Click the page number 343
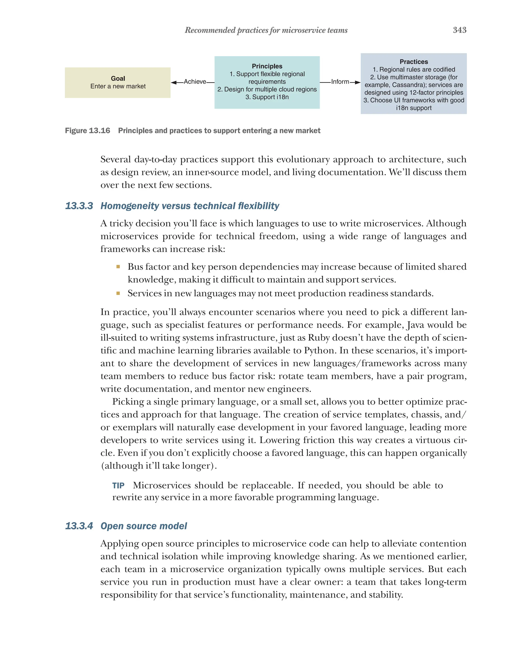point(459,30)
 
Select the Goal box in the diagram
point(118,82)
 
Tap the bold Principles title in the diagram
point(267,66)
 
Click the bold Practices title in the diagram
point(413,62)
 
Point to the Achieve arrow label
point(195,81)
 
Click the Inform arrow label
point(340,81)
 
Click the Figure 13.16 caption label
point(88,130)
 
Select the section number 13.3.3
point(79,206)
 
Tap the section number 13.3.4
point(79,526)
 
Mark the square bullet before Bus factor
point(118,267)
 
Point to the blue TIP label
point(118,486)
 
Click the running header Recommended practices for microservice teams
point(266,30)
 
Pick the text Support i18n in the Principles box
point(267,97)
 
